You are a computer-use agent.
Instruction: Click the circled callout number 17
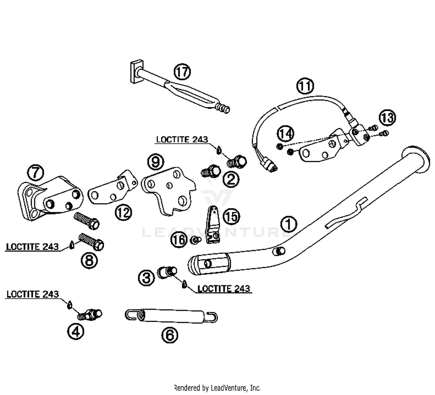pyautogui.click(x=182, y=72)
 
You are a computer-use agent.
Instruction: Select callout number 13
pyautogui.click(x=387, y=118)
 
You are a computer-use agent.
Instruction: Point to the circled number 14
pyautogui.click(x=286, y=134)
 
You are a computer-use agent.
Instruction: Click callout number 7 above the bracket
pyautogui.click(x=36, y=173)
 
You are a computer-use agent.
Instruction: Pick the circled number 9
pyautogui.click(x=155, y=161)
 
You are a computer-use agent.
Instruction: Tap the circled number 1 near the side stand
pyautogui.click(x=289, y=224)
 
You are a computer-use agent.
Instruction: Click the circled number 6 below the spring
pyautogui.click(x=170, y=335)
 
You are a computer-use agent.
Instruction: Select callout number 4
pyautogui.click(x=76, y=332)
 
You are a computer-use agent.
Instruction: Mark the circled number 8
pyautogui.click(x=89, y=260)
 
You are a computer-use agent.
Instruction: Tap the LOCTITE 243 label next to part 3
pyautogui.click(x=224, y=289)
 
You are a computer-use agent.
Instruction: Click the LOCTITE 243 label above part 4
pyautogui.click(x=32, y=294)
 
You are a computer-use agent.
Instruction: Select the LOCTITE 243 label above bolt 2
pyautogui.click(x=182, y=139)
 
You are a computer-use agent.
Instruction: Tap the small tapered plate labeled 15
pyautogui.click(x=213, y=225)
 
